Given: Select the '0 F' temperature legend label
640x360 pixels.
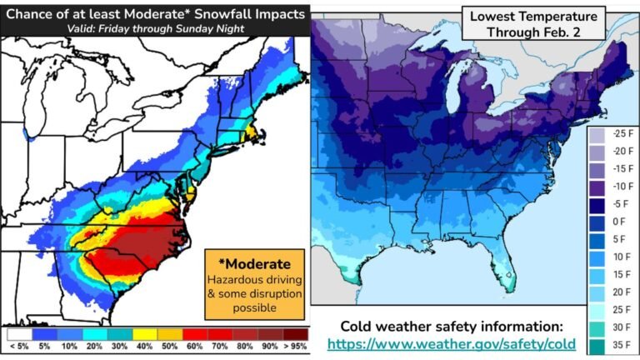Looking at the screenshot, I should [x=618, y=222].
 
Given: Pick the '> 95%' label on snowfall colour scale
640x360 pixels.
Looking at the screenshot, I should [x=295, y=345].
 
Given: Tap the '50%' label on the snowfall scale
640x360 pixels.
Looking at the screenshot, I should [x=169, y=345].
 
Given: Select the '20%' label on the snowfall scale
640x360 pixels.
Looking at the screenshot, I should [x=93, y=345].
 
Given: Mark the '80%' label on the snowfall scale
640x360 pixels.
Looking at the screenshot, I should [x=245, y=345].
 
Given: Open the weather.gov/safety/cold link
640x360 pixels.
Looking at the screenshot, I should [x=451, y=343].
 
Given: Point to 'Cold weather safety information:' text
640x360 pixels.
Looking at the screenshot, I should [x=451, y=325].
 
